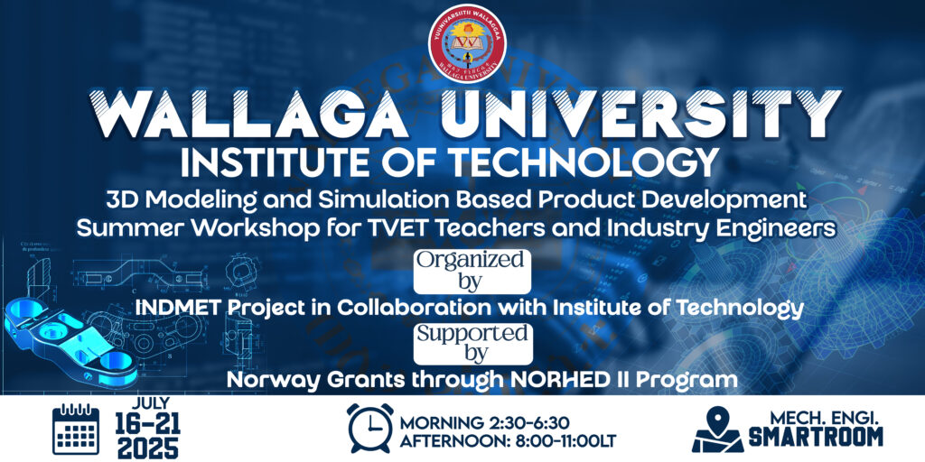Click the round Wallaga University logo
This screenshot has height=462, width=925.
click(x=468, y=43)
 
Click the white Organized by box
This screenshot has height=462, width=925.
click(x=472, y=271)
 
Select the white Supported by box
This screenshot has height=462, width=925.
click(x=472, y=344)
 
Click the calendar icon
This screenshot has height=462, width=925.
click(x=76, y=430)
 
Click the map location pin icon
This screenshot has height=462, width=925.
click(x=718, y=430)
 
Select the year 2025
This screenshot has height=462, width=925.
click(x=147, y=448)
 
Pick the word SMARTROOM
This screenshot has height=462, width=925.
click(x=817, y=437)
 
